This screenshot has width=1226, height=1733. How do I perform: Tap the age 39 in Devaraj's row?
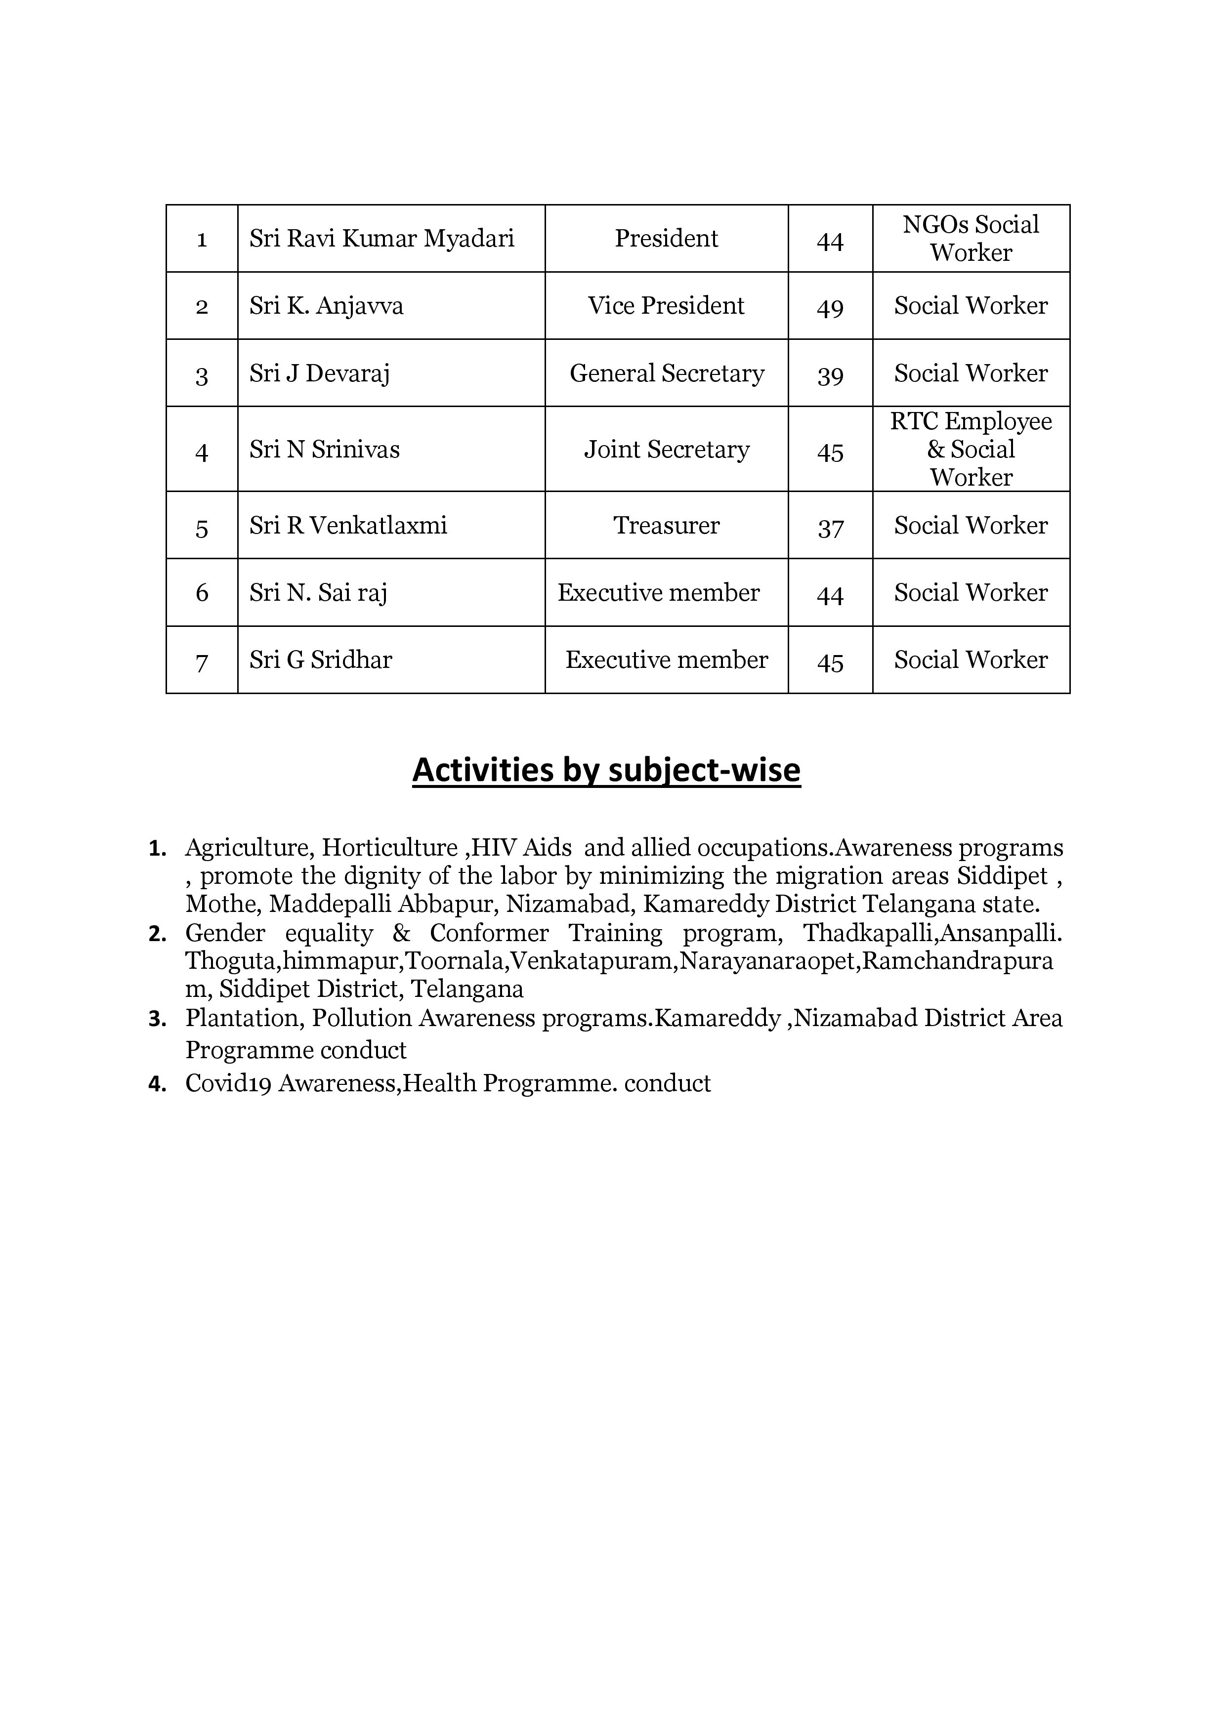coord(830,375)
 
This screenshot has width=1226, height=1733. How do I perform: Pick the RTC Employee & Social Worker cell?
coord(971,449)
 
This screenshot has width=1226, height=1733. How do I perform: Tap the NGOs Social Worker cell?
coord(971,239)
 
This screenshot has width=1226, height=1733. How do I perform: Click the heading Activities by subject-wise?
coord(606,770)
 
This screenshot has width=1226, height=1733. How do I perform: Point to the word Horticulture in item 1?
coord(389,848)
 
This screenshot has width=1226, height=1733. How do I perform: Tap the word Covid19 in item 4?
coord(228,1084)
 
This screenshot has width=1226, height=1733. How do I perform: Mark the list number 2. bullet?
coord(157,935)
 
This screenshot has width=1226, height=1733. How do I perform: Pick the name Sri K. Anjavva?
coord(326,306)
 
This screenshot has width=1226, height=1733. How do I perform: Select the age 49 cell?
coord(830,308)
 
